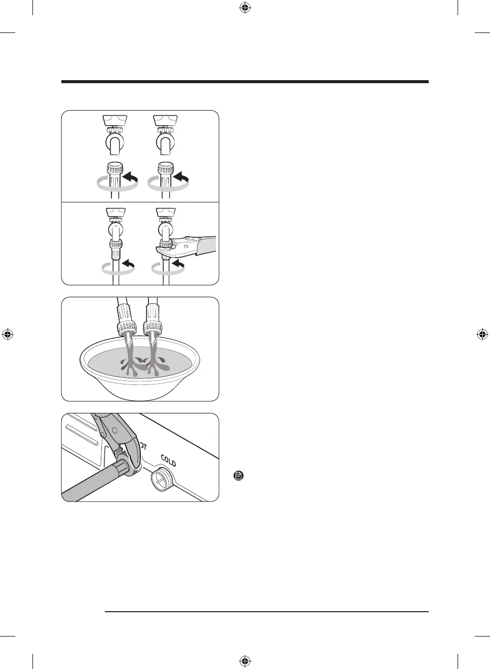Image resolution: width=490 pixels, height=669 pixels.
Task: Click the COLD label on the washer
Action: click(168, 461)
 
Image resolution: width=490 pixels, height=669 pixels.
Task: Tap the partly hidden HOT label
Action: click(143, 446)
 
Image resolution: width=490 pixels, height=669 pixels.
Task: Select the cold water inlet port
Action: click(161, 479)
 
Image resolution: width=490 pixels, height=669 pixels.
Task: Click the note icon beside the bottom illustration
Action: click(239, 476)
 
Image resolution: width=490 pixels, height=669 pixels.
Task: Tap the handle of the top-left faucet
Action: click(114, 121)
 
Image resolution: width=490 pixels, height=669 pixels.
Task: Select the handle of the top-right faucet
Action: click(165, 121)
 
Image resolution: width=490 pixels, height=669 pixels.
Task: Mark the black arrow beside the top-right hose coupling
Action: click(181, 178)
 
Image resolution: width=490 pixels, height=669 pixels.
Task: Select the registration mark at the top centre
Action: click(245, 8)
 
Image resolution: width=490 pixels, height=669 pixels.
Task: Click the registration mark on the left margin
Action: click(8, 334)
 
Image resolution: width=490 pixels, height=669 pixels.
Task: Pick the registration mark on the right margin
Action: click(482, 334)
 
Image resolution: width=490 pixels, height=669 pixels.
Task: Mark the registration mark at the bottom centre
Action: click(245, 661)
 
